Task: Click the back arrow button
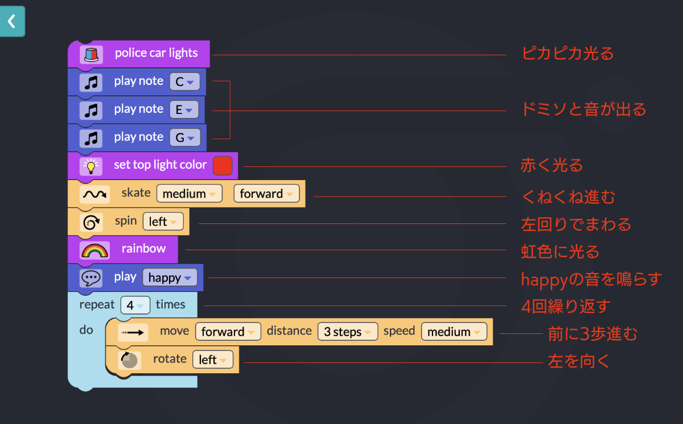[12, 22]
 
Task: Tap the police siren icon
[91, 54]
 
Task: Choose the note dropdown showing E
[184, 109]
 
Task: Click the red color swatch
[223, 165]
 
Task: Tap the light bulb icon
[90, 166]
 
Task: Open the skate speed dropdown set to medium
[190, 194]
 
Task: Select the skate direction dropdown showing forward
[266, 194]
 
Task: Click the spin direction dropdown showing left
[163, 222]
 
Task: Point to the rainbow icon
[94, 250]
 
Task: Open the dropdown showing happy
[170, 278]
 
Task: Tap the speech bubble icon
[91, 278]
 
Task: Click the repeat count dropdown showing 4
[135, 305]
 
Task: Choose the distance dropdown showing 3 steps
[347, 332]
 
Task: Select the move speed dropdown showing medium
[454, 332]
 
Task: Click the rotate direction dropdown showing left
[213, 360]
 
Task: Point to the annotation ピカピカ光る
[567, 54]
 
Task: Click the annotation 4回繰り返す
[565, 306]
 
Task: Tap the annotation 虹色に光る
[560, 251]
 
